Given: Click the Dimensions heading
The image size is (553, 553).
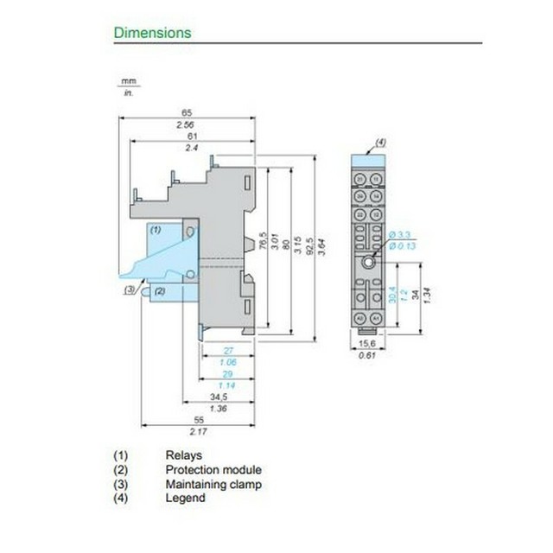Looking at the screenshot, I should pyautogui.click(x=152, y=33).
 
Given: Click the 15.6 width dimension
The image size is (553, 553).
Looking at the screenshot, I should pyautogui.click(x=367, y=343).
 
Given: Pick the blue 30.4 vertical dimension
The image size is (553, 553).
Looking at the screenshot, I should pyautogui.click(x=393, y=295).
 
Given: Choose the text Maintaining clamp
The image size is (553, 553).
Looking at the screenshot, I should pyautogui.click(x=213, y=484).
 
